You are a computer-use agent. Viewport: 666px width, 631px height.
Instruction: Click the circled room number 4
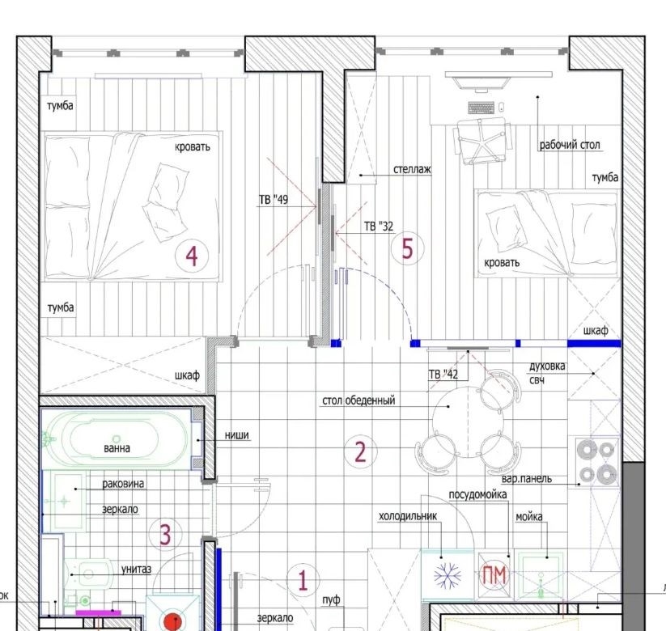tap(192, 256)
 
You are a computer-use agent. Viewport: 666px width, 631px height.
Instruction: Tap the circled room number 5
tap(407, 248)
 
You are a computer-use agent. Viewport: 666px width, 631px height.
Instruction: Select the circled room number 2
tap(360, 451)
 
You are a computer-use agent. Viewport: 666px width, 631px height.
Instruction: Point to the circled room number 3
tap(165, 534)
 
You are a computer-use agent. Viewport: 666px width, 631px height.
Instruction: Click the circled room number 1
tap(303, 581)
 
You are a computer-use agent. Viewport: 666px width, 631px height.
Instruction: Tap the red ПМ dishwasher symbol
tap(494, 575)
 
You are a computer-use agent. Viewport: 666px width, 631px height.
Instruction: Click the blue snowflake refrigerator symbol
tap(448, 576)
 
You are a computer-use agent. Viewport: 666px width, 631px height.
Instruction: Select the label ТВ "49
tap(274, 200)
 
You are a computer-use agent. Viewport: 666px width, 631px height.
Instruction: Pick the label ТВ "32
tap(379, 227)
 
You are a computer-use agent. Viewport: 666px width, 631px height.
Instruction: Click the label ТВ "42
tap(443, 374)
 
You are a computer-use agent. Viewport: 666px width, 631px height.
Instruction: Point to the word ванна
tap(117, 448)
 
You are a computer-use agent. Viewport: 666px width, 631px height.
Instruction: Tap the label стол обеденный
tap(358, 400)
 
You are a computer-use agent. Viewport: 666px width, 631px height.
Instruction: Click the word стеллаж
tap(412, 169)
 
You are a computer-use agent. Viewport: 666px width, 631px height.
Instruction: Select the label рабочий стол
tap(570, 145)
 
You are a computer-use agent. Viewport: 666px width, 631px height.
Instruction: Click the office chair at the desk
tap(482, 141)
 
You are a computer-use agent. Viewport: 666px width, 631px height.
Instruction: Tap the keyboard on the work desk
tap(481, 108)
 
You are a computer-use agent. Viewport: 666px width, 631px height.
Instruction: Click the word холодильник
tap(408, 516)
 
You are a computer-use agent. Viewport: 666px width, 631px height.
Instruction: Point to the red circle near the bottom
tap(173, 621)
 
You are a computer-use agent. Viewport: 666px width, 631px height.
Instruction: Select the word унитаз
tap(136, 569)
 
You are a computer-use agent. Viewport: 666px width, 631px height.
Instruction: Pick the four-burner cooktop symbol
tap(597, 462)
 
